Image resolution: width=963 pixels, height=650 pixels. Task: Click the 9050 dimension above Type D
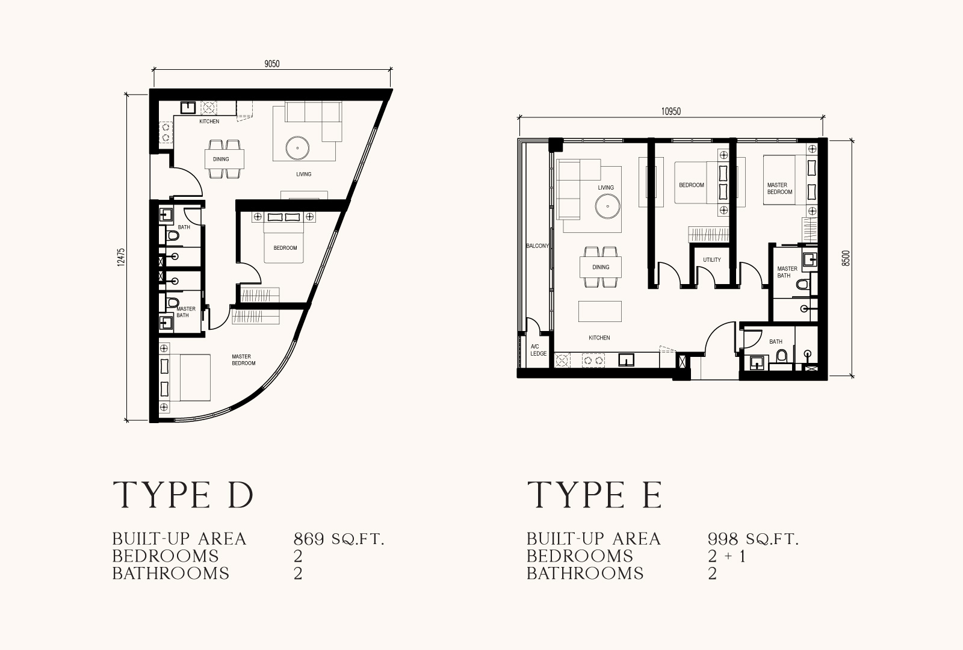(x=271, y=64)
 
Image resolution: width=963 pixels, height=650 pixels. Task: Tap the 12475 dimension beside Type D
(x=121, y=256)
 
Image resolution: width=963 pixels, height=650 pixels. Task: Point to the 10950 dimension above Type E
(x=670, y=112)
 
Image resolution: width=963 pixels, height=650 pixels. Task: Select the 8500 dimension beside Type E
(x=846, y=258)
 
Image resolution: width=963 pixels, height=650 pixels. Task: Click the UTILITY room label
(x=712, y=259)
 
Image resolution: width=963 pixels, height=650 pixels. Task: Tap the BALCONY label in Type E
(x=537, y=246)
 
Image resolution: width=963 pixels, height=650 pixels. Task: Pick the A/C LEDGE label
(x=538, y=350)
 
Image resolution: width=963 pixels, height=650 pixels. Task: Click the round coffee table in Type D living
(x=297, y=148)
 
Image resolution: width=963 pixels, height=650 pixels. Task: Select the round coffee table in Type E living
(x=607, y=206)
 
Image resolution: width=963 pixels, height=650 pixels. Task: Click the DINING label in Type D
(x=221, y=159)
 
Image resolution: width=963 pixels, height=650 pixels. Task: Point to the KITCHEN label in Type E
(x=599, y=338)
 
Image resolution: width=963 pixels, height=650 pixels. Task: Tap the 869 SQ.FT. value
(x=339, y=539)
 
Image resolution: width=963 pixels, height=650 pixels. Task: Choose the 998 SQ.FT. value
(x=753, y=539)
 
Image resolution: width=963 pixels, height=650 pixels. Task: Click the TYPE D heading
(x=183, y=495)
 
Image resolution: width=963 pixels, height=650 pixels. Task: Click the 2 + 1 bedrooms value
(x=726, y=556)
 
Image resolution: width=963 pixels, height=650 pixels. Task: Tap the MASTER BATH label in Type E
(x=787, y=272)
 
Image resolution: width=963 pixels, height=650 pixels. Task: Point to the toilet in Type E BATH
(x=781, y=356)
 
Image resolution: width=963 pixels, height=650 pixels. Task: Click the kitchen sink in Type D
(x=188, y=107)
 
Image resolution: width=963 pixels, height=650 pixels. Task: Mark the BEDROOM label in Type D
(x=285, y=248)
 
